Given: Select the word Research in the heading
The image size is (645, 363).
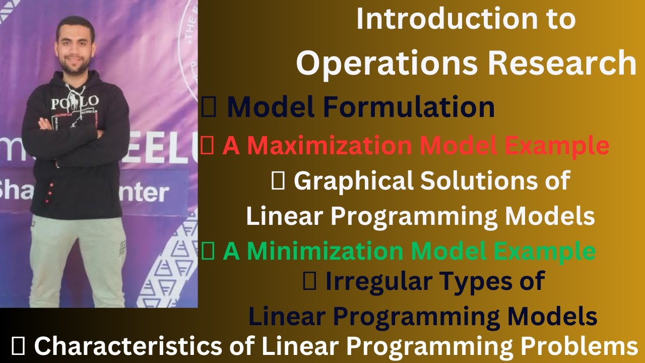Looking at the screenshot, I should tap(561, 63).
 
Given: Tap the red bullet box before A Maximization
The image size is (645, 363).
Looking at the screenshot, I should tap(207, 147).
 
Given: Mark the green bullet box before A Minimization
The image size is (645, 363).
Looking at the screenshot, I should tap(207, 252).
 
